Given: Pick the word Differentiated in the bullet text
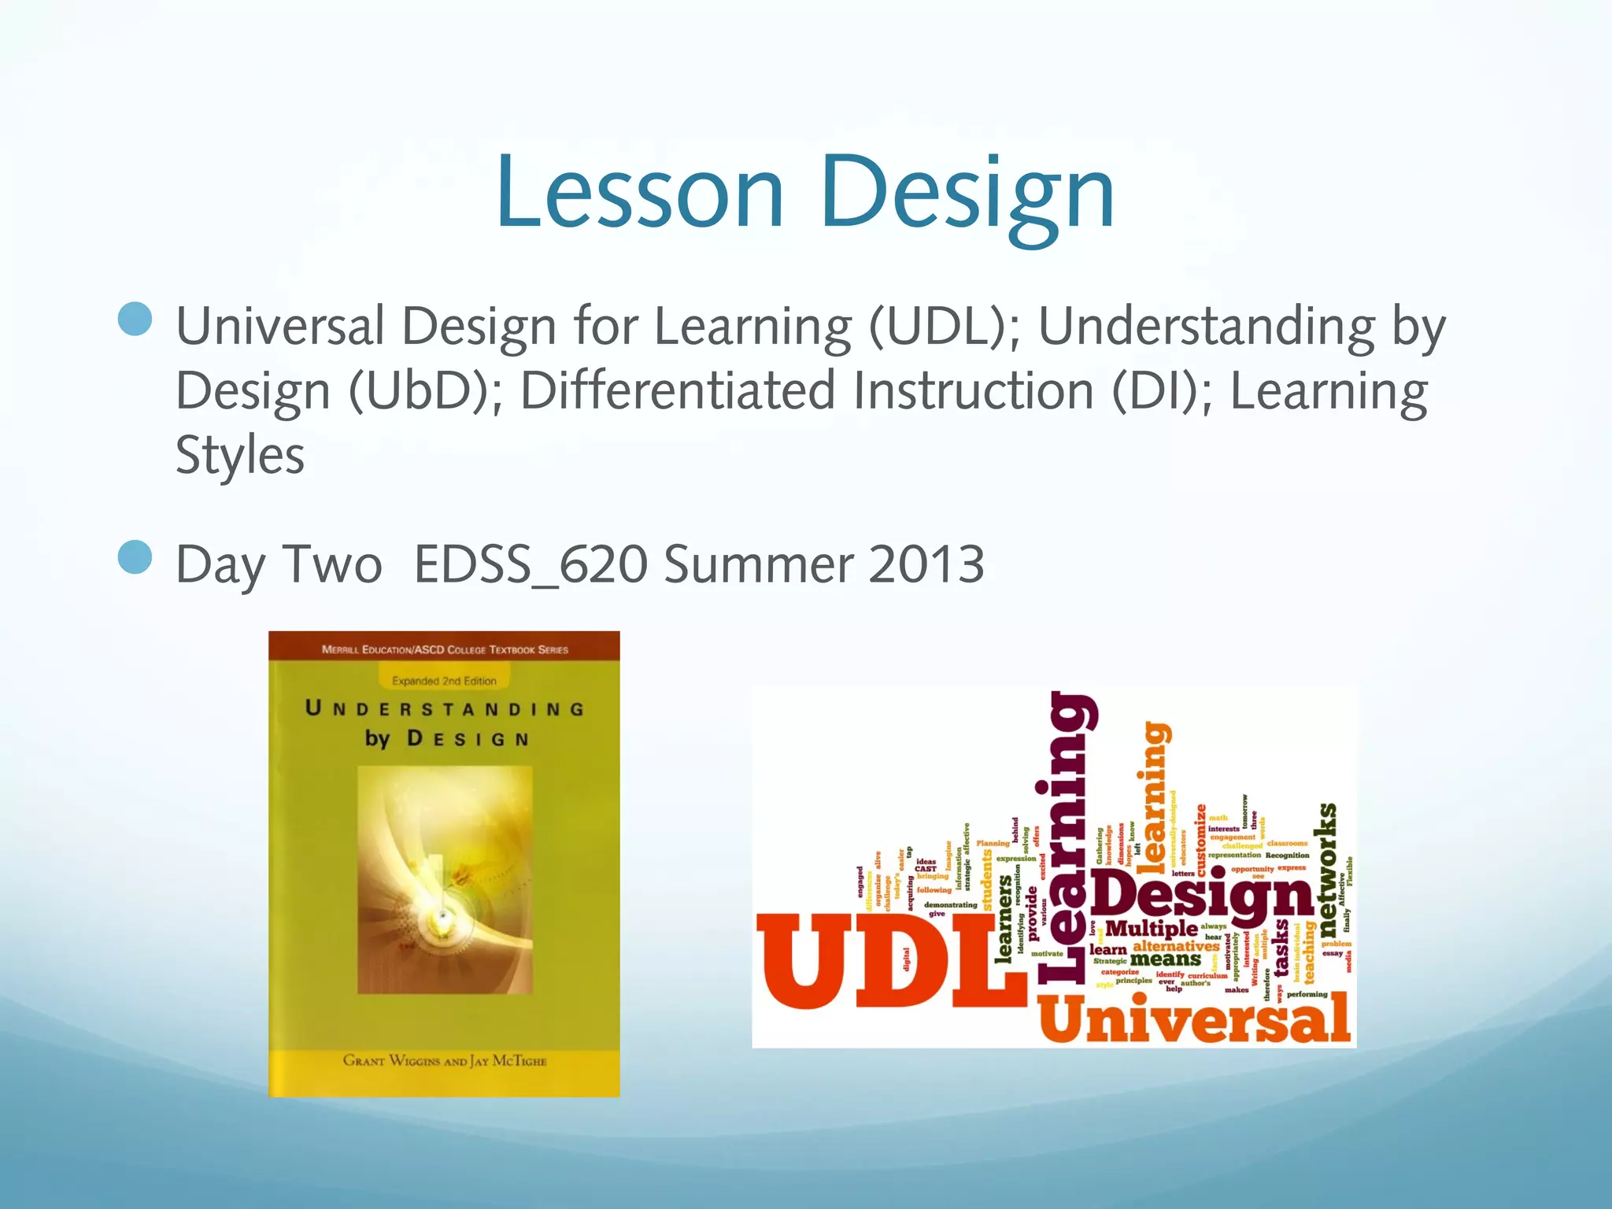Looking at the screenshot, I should pos(677,391).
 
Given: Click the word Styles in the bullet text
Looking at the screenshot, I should pos(239,456).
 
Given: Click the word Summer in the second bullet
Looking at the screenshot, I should pos(759,564).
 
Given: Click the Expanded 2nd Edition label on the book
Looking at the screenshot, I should pos(444,681).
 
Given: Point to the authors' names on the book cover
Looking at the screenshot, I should pos(444,1060).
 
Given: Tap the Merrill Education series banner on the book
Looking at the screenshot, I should pos(444,649).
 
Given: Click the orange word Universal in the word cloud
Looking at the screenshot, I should pos(1194,1020).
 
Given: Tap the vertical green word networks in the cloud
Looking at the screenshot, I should pos(1326,863).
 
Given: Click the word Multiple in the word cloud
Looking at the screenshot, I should pos(1151,929).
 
